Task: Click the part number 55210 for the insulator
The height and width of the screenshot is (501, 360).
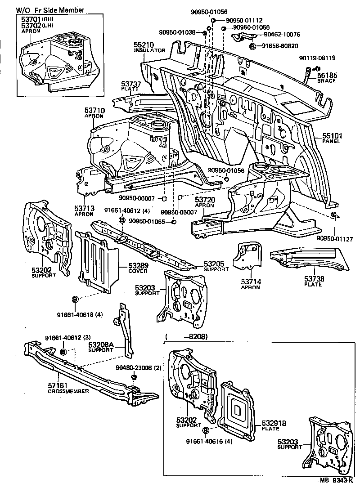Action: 143,45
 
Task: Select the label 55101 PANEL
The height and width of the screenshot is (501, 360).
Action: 331,137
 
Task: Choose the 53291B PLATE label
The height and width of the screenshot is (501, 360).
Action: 274,425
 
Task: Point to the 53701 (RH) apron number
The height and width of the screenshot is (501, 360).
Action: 31,20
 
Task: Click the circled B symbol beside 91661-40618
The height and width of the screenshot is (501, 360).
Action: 76,299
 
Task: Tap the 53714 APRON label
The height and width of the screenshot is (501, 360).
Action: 250,284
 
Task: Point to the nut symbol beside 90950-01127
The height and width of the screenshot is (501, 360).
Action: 333,214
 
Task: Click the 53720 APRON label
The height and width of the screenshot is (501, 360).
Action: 205,201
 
